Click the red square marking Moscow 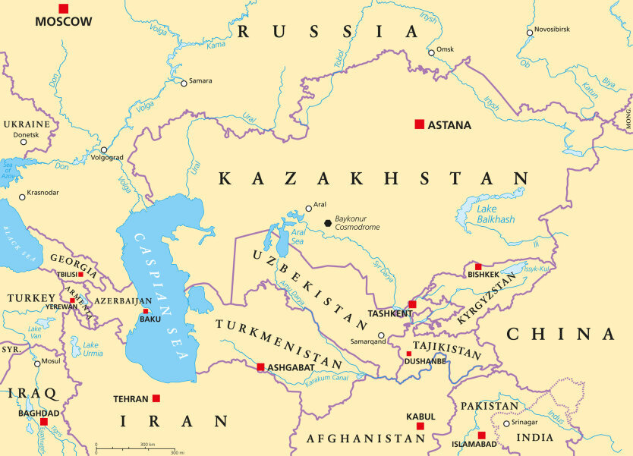pyautogui.click(x=63, y=8)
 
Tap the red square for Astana pyautogui.click(x=419, y=124)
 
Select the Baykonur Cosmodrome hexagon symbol pyautogui.click(x=328, y=223)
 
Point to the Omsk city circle pyautogui.click(x=431, y=52)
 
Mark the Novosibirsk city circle pyautogui.click(x=530, y=32)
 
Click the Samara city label pyautogui.click(x=200, y=80)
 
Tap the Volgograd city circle pyautogui.click(x=104, y=149)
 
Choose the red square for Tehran pyautogui.click(x=156, y=398)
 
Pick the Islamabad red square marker pyautogui.click(x=481, y=435)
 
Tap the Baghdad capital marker pyautogui.click(x=44, y=421)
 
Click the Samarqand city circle pyautogui.click(x=381, y=335)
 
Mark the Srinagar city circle pyautogui.click(x=506, y=423)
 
